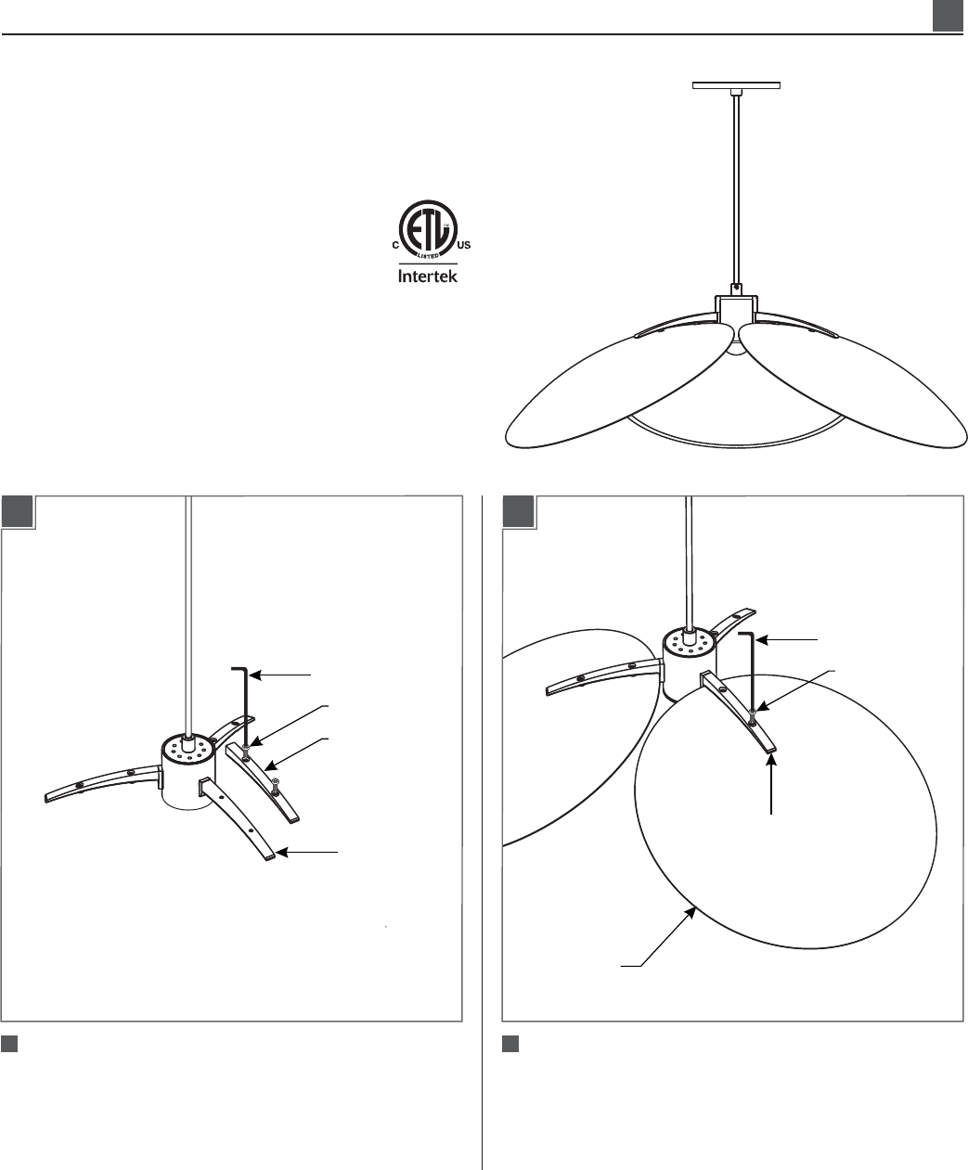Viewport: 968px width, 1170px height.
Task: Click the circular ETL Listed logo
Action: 428,229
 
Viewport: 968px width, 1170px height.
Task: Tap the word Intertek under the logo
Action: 428,276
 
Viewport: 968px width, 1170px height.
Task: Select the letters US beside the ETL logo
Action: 464,246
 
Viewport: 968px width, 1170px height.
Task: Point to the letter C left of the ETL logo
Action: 394,246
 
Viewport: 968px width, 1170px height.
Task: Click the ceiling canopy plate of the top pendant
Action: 736,85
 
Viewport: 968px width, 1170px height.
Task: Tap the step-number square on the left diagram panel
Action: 19,511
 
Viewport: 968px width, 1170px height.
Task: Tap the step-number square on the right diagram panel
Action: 519,511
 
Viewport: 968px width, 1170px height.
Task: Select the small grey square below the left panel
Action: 9,1044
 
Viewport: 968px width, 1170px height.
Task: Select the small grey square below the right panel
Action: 510,1044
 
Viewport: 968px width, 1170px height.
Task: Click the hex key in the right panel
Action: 752,670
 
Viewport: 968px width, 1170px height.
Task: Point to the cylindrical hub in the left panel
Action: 187,772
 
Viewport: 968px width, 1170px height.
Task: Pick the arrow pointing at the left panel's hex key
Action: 279,675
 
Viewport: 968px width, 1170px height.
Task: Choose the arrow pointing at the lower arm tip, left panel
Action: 307,853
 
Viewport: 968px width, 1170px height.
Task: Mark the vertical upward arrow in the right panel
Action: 772,784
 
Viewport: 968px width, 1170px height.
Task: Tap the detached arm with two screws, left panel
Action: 262,782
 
